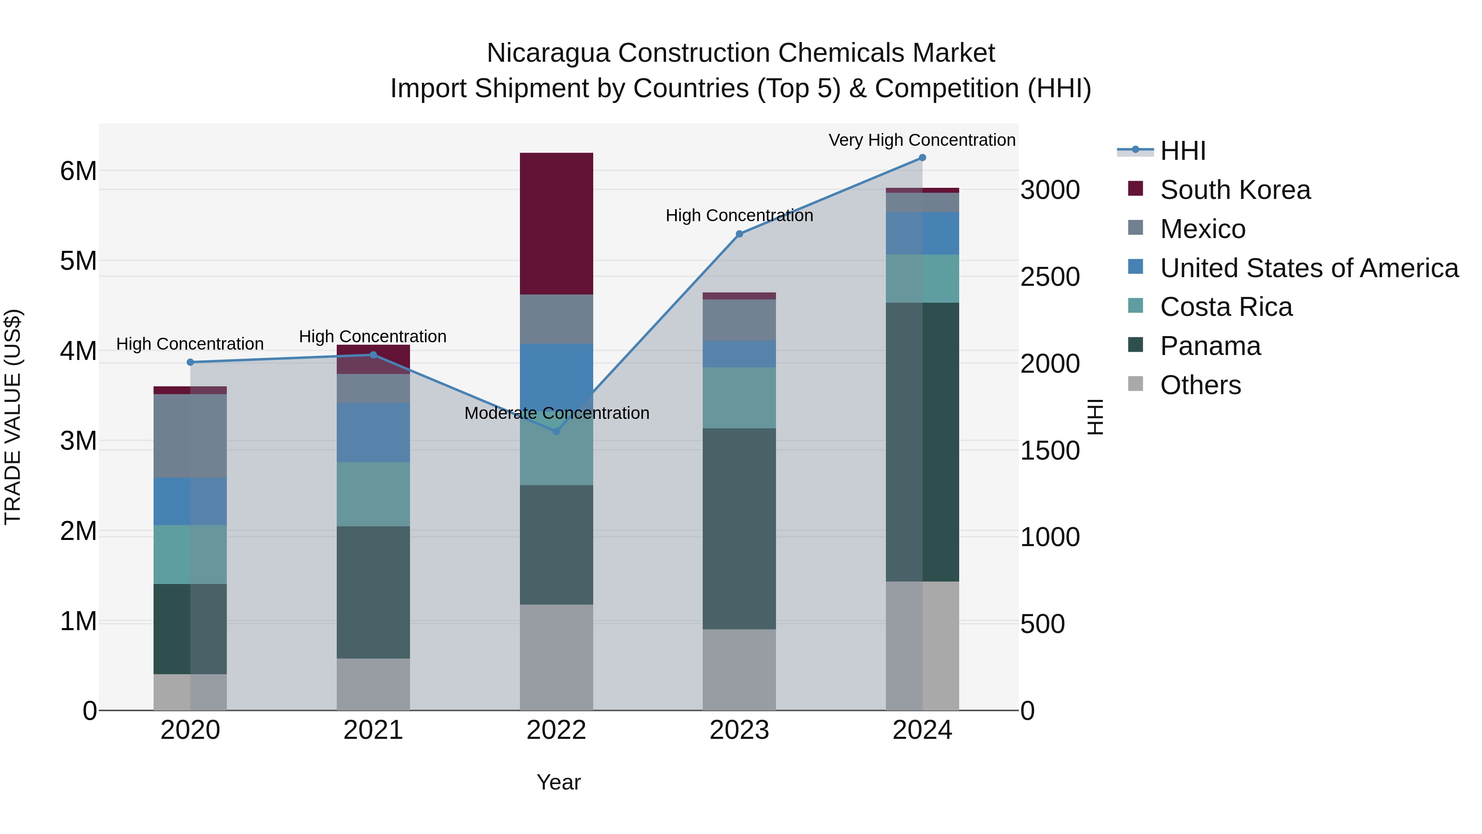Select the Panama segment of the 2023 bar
(739, 528)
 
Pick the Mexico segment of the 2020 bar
(190, 436)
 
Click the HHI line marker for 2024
(922, 158)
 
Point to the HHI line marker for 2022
(556, 431)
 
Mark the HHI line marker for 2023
(739, 234)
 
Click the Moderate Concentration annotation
(556, 413)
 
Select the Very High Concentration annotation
(922, 140)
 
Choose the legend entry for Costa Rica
(1226, 307)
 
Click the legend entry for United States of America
(1309, 268)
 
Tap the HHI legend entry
(1182, 151)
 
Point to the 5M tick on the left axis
(78, 261)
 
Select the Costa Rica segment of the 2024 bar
(922, 278)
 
